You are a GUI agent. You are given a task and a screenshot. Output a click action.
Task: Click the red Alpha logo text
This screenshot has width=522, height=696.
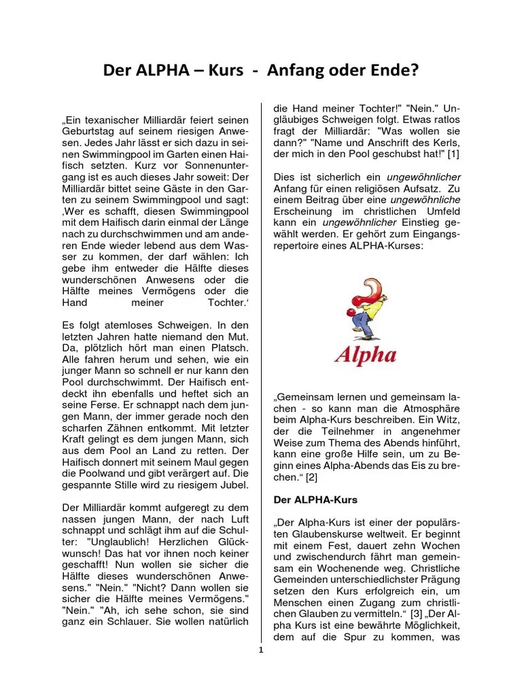point(365,354)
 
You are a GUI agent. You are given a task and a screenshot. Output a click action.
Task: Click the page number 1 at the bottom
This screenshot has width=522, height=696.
point(261,650)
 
